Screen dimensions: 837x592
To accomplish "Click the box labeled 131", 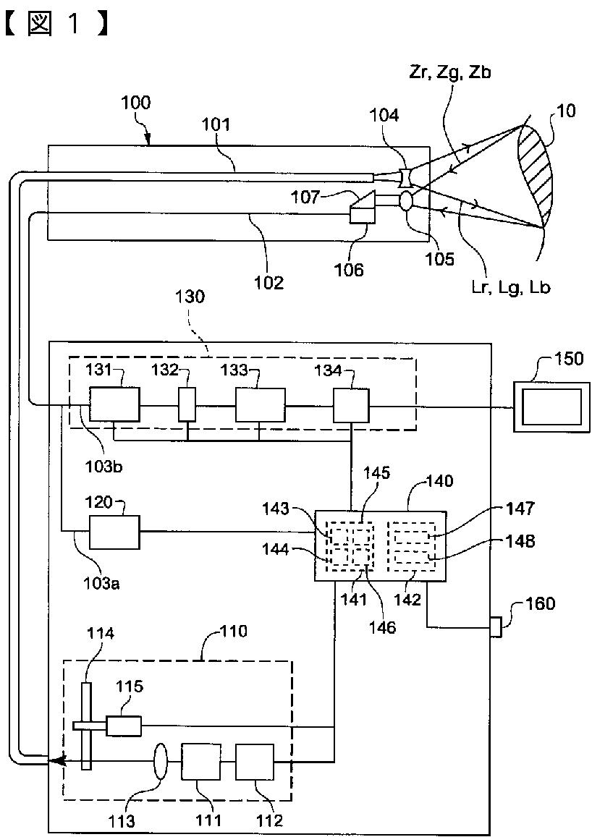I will (114, 404).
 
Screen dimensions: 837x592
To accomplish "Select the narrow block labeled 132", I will (187, 404).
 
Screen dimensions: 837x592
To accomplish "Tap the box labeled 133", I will (260, 404).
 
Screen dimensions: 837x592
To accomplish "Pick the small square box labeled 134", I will (351, 404).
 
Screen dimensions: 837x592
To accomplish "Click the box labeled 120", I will (114, 532).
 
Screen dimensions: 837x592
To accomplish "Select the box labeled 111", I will (201, 761).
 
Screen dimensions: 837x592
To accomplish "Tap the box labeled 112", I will (255, 761).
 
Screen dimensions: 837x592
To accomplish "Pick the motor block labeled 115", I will (124, 725).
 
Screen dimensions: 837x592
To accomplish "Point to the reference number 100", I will (135, 103).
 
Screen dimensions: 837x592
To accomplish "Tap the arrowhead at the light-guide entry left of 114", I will (54, 760).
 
